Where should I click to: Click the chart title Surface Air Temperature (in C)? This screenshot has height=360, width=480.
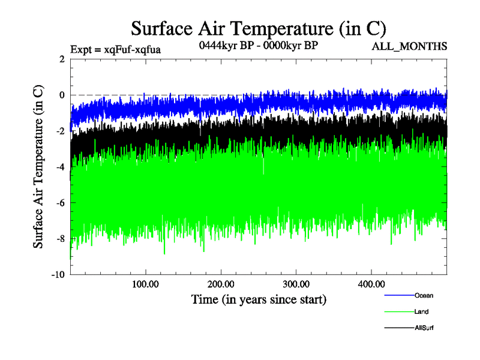258,28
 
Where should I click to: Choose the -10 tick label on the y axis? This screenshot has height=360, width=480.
58,275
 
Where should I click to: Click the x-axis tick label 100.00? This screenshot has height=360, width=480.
145,283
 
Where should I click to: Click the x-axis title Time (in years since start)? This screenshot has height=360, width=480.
259,298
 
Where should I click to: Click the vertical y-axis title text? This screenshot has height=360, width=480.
38,167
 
